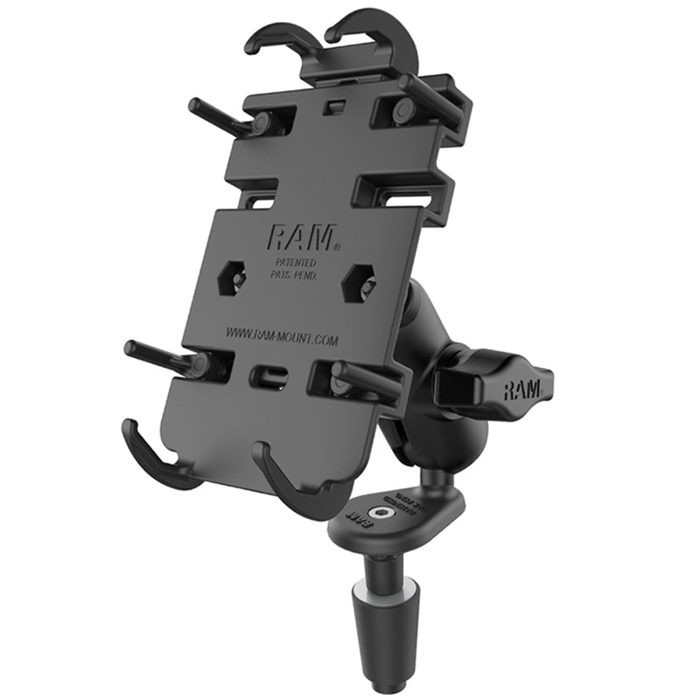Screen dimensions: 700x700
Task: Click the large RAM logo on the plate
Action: (287, 239)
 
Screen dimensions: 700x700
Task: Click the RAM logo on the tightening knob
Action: (524, 390)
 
